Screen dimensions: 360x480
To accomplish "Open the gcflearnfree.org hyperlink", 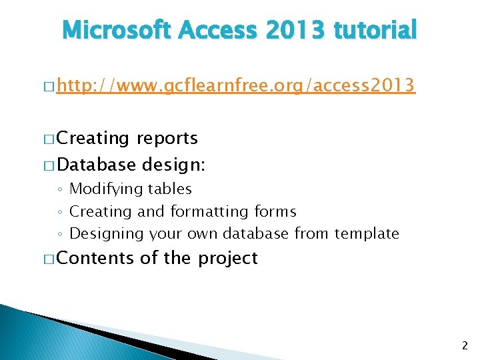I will tap(236, 86).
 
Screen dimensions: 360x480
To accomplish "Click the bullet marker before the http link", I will tap(48, 87).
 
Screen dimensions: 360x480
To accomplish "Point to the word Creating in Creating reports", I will tap(93, 139).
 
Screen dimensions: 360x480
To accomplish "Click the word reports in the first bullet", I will tap(167, 139).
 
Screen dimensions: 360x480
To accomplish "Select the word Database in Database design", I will tap(97, 165).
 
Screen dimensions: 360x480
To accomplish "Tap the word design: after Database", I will tap(173, 165).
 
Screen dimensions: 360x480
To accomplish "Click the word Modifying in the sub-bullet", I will tap(103, 189).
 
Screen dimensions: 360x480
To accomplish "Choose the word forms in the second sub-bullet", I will tap(275, 212).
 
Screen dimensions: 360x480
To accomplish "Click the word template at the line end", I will tap(367, 234).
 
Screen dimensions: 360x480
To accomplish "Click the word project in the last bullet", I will tap(227, 259).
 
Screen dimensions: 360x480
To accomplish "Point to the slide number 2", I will tap(465, 345).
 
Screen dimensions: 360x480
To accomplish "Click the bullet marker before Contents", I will tap(48, 259).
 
